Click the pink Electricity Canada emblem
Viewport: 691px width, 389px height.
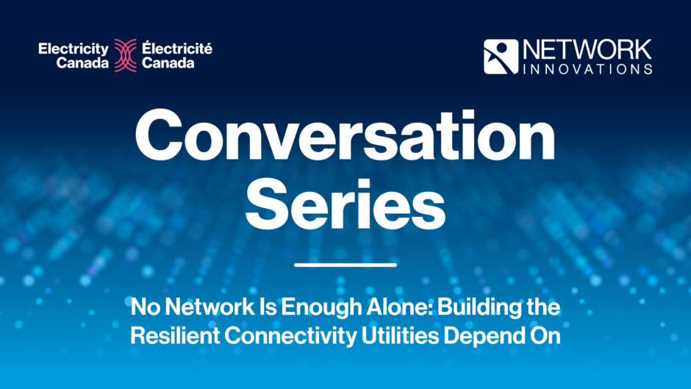[x=125, y=56]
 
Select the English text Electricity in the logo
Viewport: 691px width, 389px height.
[x=74, y=49]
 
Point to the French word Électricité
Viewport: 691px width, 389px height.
[x=177, y=49]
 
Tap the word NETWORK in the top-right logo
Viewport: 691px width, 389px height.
[x=586, y=50]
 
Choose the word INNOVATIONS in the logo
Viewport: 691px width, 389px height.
[x=586, y=68]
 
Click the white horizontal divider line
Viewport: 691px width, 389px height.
[x=345, y=264]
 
